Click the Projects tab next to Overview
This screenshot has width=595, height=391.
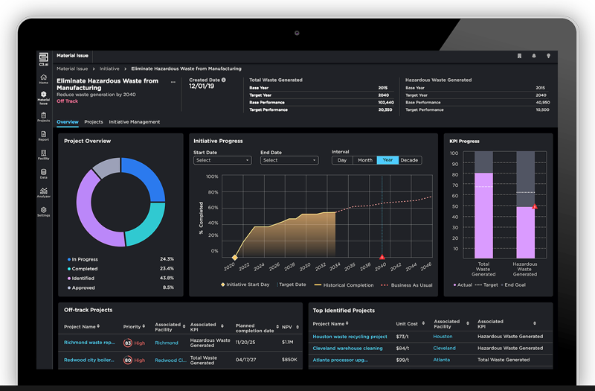94,121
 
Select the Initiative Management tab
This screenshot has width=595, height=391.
135,121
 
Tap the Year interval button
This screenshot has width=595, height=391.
387,160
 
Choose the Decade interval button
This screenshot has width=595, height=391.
410,160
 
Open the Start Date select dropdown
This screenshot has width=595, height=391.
222,160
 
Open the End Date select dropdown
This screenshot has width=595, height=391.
289,160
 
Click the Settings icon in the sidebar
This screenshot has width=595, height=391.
44,211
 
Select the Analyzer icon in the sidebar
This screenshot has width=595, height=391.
44,191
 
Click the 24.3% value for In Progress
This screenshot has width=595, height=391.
167,259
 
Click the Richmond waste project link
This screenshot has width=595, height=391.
89,343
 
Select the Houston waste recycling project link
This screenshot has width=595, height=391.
350,337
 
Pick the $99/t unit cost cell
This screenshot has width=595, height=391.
404,360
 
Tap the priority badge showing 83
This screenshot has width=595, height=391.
128,343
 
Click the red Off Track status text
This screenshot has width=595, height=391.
67,101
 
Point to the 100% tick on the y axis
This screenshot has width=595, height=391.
212,177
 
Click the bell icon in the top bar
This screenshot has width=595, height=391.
533,56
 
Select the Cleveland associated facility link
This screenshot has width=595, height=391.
444,348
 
